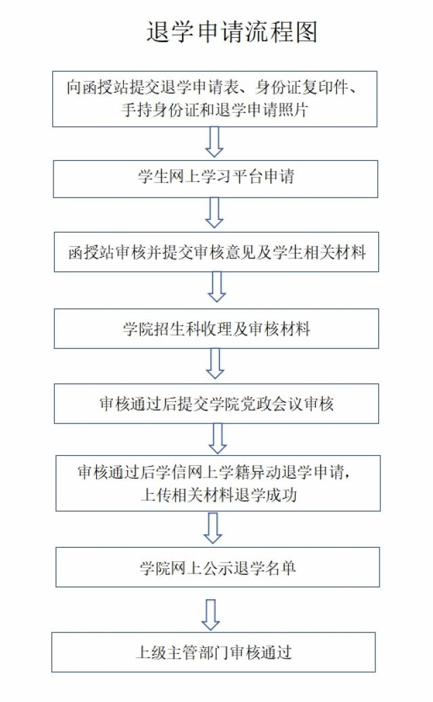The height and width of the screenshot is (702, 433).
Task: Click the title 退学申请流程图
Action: (232, 32)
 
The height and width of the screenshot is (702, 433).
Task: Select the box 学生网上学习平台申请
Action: (215, 179)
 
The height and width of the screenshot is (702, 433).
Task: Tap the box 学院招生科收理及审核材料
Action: (216, 329)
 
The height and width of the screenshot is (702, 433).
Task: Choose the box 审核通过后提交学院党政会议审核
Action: (216, 404)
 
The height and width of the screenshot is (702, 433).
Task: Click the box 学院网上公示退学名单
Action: (218, 567)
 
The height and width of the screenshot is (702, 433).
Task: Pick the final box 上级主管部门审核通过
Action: (213, 653)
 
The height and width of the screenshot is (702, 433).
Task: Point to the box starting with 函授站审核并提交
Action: (216, 252)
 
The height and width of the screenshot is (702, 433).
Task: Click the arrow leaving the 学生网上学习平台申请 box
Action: (214, 213)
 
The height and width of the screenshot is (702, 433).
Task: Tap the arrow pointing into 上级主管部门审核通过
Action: (210, 615)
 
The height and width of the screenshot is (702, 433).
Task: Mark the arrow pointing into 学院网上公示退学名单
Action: (212, 528)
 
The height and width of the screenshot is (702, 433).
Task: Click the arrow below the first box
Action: (214, 142)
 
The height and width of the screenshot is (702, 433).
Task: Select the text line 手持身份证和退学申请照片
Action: (215, 110)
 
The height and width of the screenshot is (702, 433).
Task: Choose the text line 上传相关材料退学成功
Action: (219, 494)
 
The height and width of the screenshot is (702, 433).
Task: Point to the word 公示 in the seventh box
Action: (217, 567)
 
